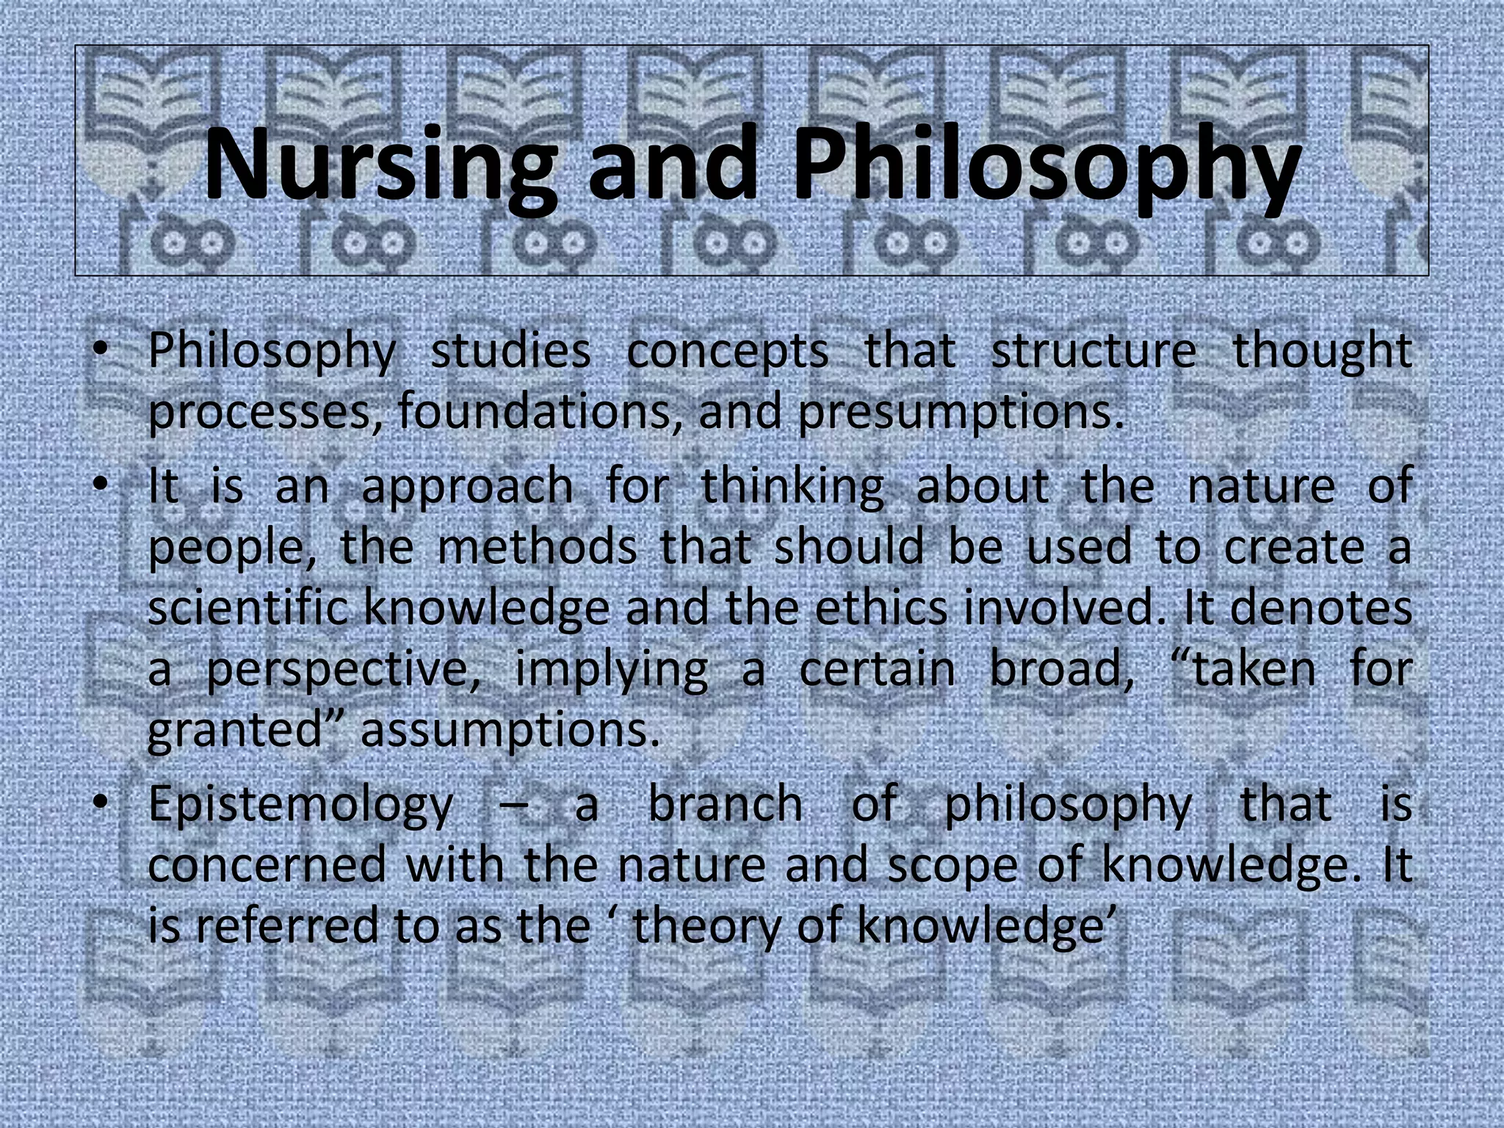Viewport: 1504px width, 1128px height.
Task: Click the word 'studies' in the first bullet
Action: click(510, 350)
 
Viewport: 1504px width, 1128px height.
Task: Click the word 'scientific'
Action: click(248, 608)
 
